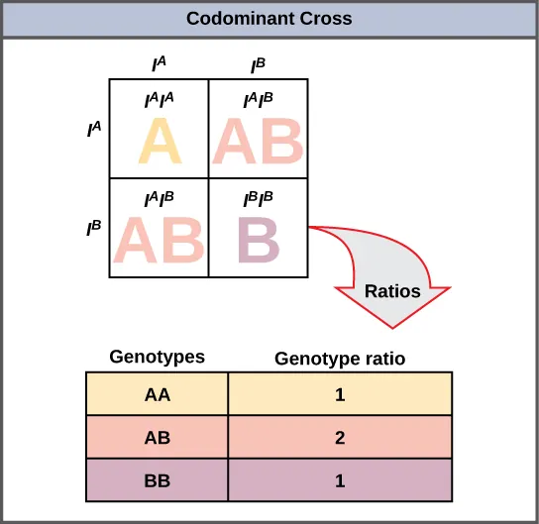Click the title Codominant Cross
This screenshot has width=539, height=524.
click(x=269, y=19)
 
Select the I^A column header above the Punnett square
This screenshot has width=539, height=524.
click(x=159, y=65)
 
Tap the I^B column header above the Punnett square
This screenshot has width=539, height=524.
click(x=258, y=65)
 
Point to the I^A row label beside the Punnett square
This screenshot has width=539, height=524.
click(x=95, y=128)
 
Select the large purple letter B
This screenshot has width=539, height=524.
click(x=259, y=239)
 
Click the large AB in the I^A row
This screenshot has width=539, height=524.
click(x=259, y=143)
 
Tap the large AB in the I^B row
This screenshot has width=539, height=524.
click(x=160, y=240)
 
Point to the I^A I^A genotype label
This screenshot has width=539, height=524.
click(x=160, y=100)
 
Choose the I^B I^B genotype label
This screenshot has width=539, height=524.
click(x=259, y=198)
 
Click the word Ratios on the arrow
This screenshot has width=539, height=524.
click(x=392, y=291)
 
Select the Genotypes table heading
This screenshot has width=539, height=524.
click(x=158, y=357)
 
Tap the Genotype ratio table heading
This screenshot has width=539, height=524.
click(x=340, y=358)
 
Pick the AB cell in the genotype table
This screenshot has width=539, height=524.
click(x=158, y=436)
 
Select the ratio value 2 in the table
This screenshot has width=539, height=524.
click(x=341, y=436)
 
